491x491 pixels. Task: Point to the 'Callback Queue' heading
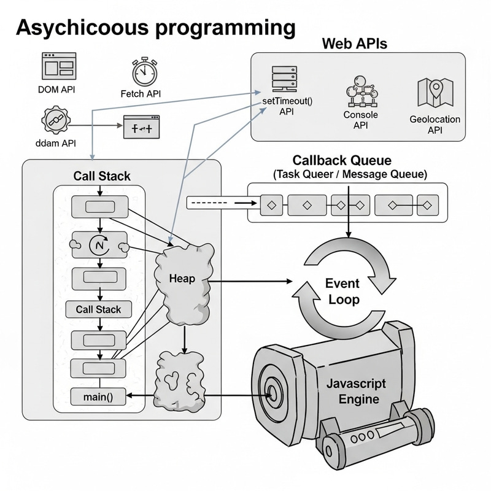pos(341,161)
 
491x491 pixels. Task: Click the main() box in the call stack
pos(98,397)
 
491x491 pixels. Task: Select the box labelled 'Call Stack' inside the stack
pos(98,309)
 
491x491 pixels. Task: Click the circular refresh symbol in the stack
pos(99,245)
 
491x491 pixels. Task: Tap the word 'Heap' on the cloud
pos(182,279)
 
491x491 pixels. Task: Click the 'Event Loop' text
pos(342,292)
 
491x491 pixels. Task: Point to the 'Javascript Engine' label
pos(356,391)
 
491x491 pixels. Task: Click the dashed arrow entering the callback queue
pos(221,202)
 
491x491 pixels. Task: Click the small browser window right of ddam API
pos(142,128)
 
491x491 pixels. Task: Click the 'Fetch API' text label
pos(145,94)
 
